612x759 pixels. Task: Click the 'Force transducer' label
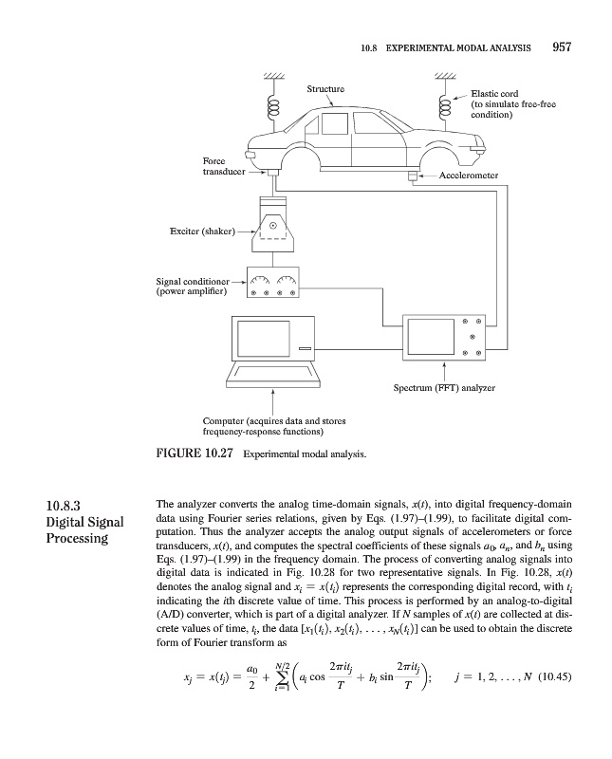[219, 167]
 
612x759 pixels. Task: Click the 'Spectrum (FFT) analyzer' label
[444, 387]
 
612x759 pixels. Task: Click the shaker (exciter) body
[272, 228]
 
